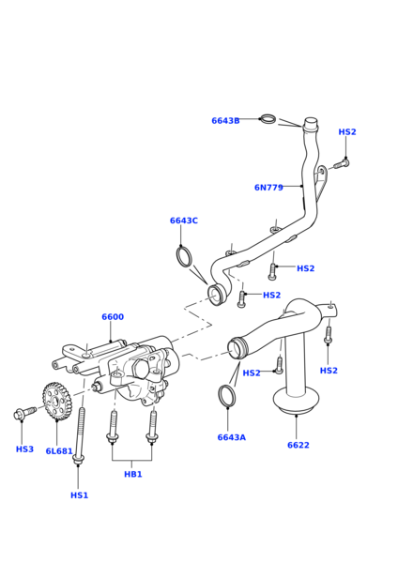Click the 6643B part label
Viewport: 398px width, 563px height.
click(225, 121)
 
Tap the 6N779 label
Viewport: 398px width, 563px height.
click(268, 187)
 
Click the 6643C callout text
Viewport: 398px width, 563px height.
click(184, 221)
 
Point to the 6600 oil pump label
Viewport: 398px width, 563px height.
click(113, 317)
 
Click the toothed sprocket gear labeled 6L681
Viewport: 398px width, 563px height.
click(56, 401)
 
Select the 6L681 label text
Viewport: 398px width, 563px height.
click(59, 451)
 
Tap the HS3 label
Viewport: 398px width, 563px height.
click(24, 449)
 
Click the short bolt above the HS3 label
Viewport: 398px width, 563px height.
click(24, 413)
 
